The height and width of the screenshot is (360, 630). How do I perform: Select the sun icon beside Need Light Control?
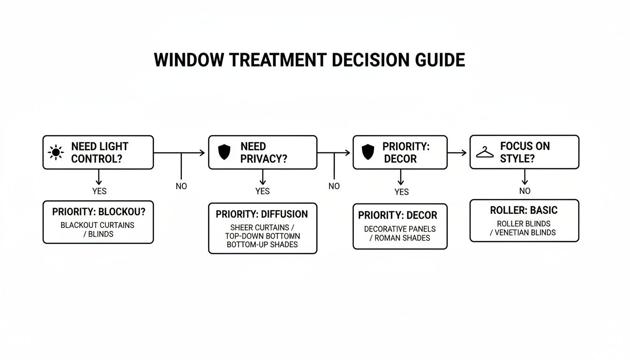(x=56, y=152)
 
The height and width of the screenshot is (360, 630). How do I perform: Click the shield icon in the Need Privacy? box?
(x=225, y=152)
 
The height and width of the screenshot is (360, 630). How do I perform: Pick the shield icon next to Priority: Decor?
(x=368, y=152)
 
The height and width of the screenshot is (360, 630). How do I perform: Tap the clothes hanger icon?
(x=485, y=152)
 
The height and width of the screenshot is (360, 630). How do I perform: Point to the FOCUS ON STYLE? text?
(x=525, y=152)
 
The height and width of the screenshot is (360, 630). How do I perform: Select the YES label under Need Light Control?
(x=99, y=191)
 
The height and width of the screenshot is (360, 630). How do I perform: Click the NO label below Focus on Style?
(x=525, y=191)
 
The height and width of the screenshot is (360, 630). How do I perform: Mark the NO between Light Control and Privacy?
(x=181, y=186)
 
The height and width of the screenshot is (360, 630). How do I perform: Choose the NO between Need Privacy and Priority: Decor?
(x=334, y=186)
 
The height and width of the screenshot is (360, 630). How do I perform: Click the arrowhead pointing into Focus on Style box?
(x=464, y=152)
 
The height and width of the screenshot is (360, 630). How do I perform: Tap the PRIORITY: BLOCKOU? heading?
(x=98, y=212)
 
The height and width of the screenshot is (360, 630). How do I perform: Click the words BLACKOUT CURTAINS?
(x=97, y=225)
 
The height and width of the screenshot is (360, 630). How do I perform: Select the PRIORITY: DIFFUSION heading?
(x=262, y=214)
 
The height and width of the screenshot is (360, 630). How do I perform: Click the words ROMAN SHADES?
(x=405, y=238)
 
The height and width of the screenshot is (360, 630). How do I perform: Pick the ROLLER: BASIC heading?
(x=524, y=210)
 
